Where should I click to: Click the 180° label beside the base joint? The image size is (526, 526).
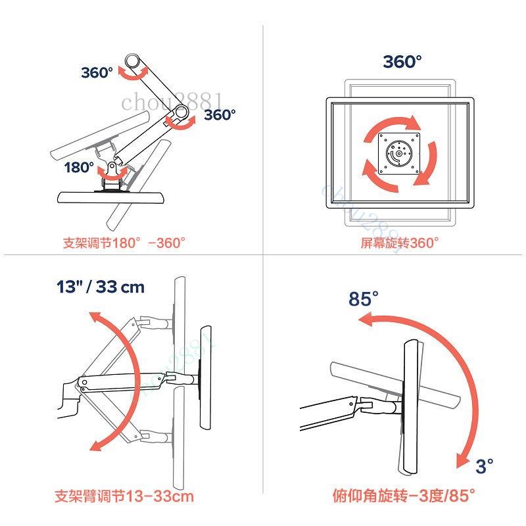79,167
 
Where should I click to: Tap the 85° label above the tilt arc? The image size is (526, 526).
364,299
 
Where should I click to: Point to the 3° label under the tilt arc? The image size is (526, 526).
485,466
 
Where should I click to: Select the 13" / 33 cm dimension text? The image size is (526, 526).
101,287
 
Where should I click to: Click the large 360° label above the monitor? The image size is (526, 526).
402,62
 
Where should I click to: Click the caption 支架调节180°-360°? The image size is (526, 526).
124,243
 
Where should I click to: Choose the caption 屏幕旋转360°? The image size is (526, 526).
400,243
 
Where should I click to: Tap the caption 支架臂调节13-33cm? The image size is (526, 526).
124,496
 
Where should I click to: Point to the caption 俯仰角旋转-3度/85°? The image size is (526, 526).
404,496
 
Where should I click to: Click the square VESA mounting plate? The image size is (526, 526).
399,154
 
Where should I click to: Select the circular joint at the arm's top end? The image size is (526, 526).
133,61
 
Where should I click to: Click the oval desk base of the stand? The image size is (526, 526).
111,197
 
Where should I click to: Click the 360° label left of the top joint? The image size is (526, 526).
97,72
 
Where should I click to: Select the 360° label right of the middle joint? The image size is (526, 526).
220,114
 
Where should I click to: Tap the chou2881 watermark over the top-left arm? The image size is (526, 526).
172,102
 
